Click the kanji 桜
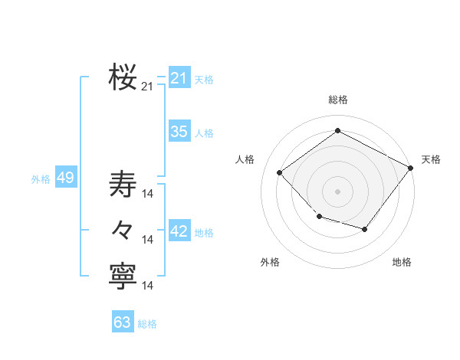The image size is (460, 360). [123, 77]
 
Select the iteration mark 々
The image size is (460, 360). [123, 230]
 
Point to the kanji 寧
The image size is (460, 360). [123, 276]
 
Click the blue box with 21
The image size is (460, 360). [179, 78]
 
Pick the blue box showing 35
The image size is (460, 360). [179, 132]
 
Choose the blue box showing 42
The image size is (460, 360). [179, 231]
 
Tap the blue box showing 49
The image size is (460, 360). [65, 178]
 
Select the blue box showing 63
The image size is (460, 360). [122, 322]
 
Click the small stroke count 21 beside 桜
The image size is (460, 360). [147, 87]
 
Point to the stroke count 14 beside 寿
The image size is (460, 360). [149, 193]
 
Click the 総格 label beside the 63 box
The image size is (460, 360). [147, 324]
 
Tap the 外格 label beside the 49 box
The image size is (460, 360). [41, 179]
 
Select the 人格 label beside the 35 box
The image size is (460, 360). [204, 133]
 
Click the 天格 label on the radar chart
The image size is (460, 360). [431, 159]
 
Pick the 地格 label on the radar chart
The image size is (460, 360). [402, 262]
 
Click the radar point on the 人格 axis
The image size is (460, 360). [280, 173]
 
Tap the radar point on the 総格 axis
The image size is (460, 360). [337, 131]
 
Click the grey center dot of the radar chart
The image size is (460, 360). [337, 191]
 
